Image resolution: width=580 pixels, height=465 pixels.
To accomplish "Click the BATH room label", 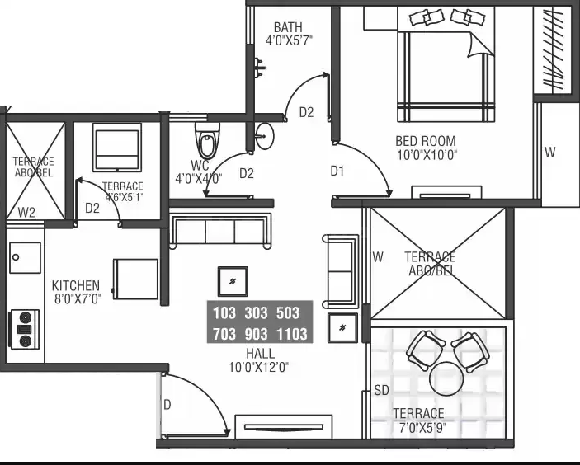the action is (288, 27).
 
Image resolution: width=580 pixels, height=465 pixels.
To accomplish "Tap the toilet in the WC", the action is (207, 141).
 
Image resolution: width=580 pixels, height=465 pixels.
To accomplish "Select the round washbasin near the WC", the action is (265, 136).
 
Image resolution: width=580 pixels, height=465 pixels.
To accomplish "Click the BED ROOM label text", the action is (426, 141).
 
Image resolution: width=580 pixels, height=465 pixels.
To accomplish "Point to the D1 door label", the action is (337, 171).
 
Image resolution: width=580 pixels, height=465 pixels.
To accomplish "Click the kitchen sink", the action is (25, 257).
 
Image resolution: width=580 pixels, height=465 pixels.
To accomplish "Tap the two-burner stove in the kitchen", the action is (25, 329).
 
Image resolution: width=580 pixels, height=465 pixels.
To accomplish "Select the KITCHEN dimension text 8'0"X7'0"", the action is (78, 298).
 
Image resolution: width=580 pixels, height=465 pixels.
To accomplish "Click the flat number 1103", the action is (292, 334).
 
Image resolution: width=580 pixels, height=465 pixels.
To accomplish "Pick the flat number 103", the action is (224, 313).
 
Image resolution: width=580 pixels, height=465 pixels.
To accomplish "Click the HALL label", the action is (261, 354).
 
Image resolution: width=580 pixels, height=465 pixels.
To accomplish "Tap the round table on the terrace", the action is (446, 378).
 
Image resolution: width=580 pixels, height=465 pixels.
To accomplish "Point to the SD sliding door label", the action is (381, 390).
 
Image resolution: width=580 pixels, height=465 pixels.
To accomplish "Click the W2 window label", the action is (26, 213).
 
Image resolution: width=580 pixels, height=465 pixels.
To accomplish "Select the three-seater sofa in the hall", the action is (220, 231).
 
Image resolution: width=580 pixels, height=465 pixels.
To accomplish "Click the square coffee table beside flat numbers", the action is (233, 281).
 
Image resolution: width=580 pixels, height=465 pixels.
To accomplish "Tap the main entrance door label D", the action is (167, 405).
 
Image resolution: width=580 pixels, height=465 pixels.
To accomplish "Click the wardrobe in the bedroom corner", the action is (553, 50).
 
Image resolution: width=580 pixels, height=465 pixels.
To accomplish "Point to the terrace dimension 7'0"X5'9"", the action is (422, 428).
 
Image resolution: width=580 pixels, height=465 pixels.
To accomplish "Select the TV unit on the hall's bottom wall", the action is (283, 426).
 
